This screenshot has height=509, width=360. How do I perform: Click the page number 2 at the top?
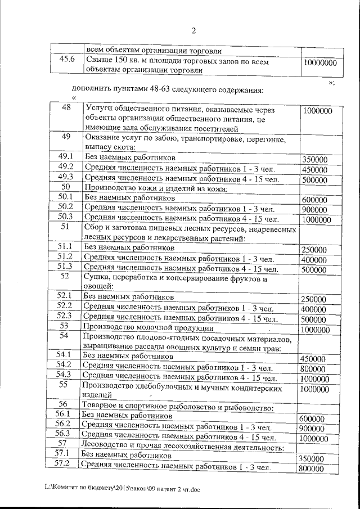pyautogui.click(x=193, y=30)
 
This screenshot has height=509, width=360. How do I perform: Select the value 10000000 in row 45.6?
pyautogui.click(x=319, y=64)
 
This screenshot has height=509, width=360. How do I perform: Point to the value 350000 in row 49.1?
pyautogui.click(x=314, y=159)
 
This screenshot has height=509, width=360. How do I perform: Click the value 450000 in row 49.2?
pyautogui.click(x=314, y=169)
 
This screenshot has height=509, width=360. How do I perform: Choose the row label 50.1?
pyautogui.click(x=66, y=197)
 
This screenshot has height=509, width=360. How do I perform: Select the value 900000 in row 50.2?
pyautogui.click(x=314, y=210)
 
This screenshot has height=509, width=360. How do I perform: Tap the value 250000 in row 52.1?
pyautogui.click(x=313, y=299)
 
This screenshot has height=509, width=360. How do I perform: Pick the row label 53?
pyautogui.click(x=65, y=326)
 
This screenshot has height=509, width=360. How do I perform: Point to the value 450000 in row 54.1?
pyautogui.click(x=313, y=358)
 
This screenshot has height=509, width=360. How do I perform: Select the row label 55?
pyautogui.click(x=64, y=385)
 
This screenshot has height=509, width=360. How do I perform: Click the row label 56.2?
pyautogui.click(x=64, y=424)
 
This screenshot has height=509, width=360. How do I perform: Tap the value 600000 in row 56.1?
pyautogui.click(x=312, y=418)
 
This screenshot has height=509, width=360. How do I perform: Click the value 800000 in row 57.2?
pyautogui.click(x=312, y=469)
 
